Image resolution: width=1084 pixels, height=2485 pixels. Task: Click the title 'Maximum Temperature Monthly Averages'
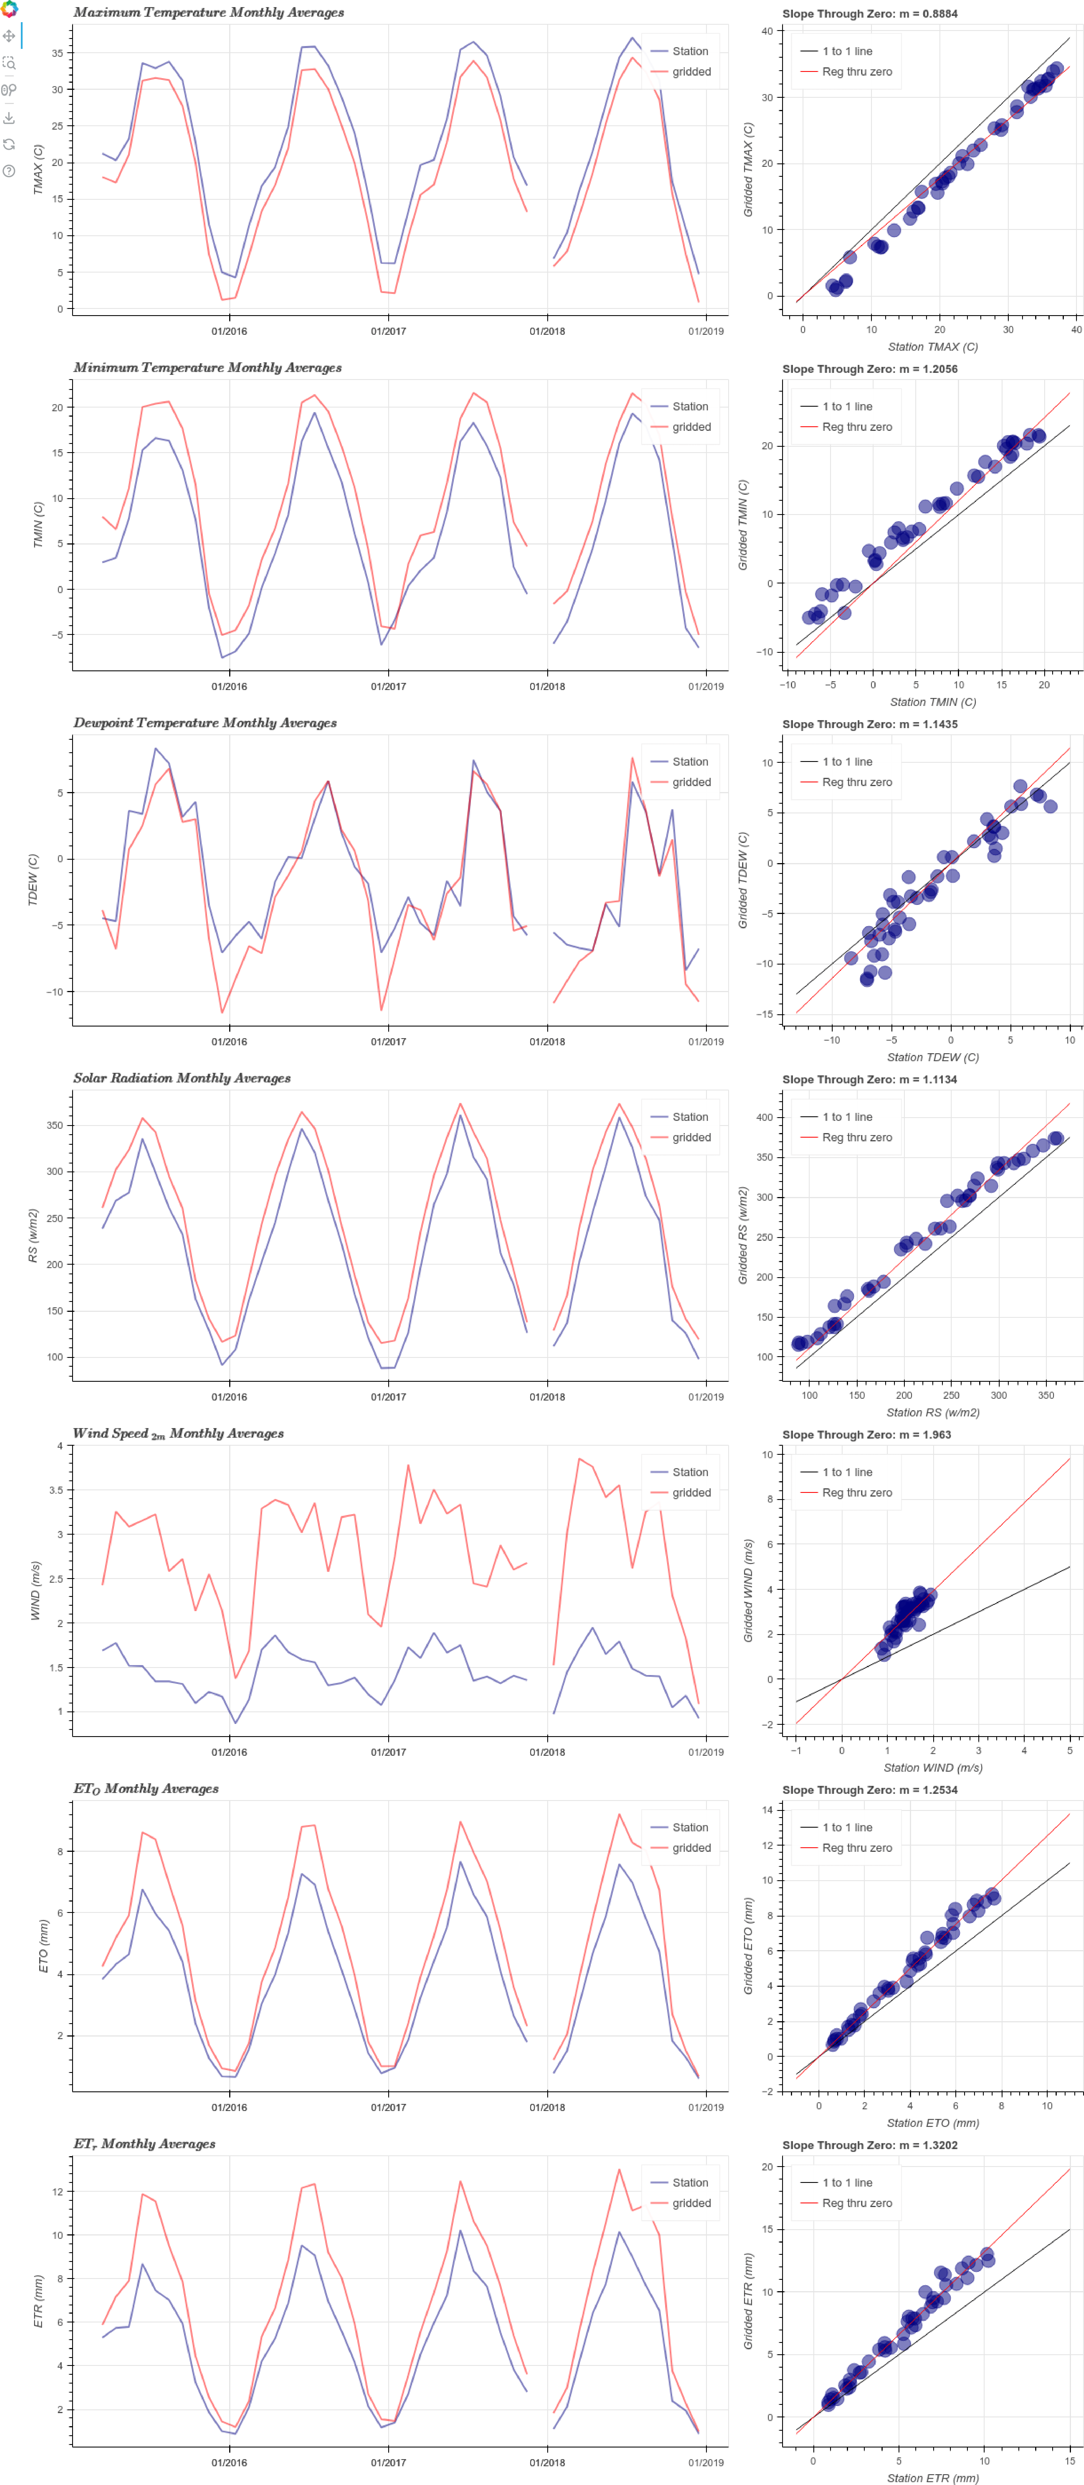point(208,13)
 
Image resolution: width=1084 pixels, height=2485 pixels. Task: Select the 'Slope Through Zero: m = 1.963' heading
point(866,1434)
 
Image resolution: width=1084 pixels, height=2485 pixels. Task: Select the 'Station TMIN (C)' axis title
point(933,702)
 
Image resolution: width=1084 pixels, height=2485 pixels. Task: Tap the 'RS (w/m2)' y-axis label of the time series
point(33,1236)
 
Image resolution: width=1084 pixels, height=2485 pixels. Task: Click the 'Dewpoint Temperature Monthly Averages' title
point(205,722)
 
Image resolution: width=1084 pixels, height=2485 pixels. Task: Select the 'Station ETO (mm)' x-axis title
point(933,2123)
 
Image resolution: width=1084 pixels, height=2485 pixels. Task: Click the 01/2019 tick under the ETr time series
point(706,2463)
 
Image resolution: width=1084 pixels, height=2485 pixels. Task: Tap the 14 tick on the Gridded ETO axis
point(767,1810)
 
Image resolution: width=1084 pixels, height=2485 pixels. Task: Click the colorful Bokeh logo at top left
point(9,9)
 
